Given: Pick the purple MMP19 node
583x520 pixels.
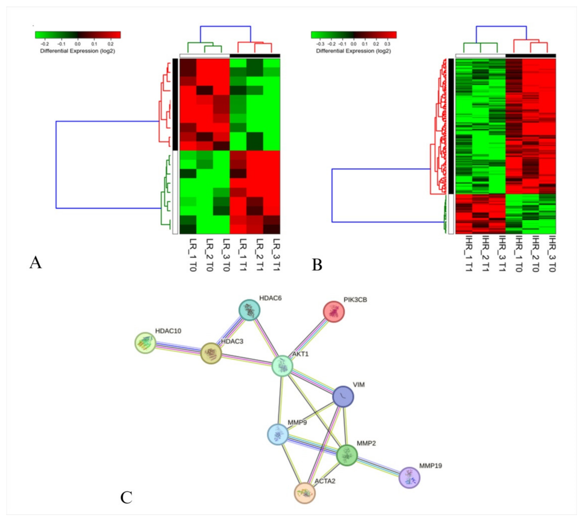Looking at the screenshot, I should tap(409, 478).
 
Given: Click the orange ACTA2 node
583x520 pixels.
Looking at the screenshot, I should tap(305, 493).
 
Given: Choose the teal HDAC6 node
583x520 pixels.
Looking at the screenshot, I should tap(249, 310).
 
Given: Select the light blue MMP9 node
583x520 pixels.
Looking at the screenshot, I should tap(278, 434).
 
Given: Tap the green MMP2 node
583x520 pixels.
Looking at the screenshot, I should tap(347, 455).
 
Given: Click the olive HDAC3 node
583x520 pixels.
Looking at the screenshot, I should tap(211, 353).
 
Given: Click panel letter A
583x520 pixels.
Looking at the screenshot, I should tap(36, 262).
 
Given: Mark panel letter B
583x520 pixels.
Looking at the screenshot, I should tap(317, 265).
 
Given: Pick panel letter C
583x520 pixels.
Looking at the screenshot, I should tap(126, 498).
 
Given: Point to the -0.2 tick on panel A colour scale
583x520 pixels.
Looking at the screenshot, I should tap(45, 44).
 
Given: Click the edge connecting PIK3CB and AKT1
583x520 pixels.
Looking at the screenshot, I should tap(308, 339).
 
